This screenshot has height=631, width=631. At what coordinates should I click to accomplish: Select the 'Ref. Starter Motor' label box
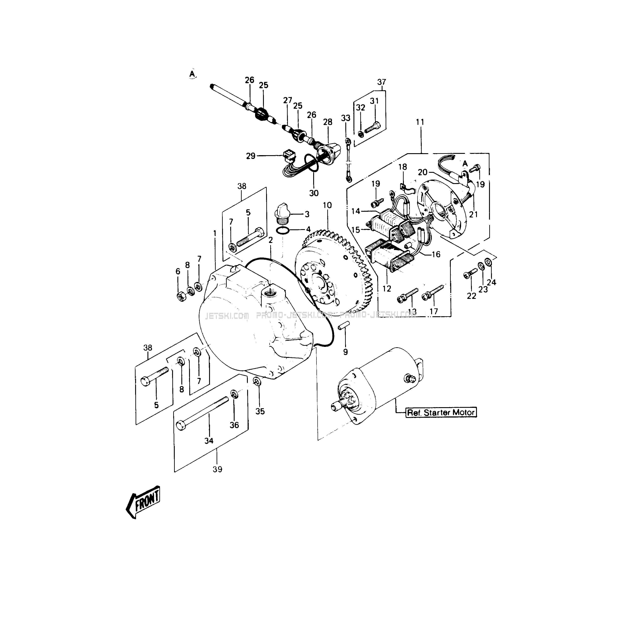click(x=441, y=412)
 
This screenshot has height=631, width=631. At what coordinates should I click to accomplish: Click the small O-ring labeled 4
click(x=283, y=231)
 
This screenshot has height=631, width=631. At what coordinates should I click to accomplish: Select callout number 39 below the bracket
click(x=217, y=469)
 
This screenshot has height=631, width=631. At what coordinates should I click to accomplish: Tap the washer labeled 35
click(x=257, y=381)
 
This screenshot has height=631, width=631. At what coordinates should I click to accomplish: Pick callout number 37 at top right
click(x=381, y=82)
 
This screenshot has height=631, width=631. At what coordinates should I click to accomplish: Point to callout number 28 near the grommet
click(x=327, y=122)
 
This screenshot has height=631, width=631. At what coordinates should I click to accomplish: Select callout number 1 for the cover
click(x=215, y=233)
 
